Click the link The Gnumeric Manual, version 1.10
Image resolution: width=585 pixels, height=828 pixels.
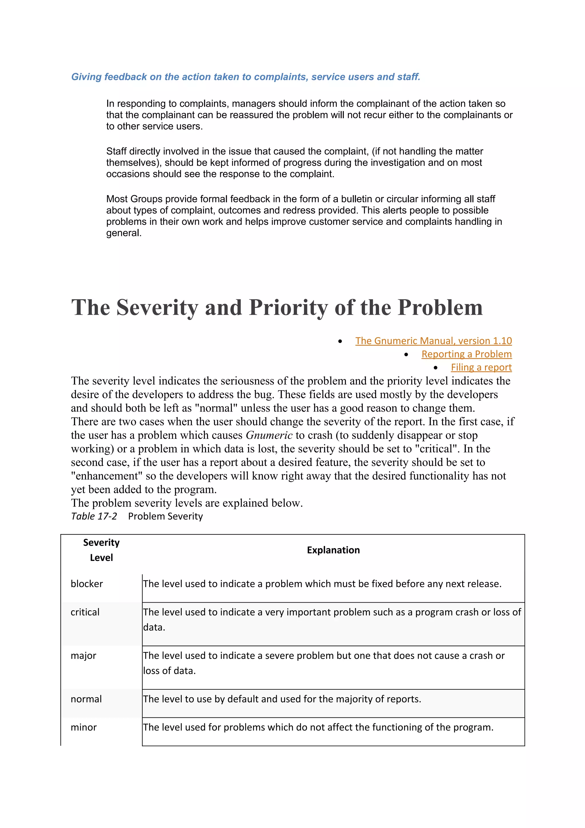coord(433,341)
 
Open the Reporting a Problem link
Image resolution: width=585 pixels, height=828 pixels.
coord(466,354)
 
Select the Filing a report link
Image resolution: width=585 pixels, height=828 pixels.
coord(481,367)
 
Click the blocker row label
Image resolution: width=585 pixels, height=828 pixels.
coord(87,584)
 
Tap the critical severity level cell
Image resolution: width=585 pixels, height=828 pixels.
coord(85,612)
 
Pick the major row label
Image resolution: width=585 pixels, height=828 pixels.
coord(83,656)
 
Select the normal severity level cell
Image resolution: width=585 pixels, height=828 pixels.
coord(86,699)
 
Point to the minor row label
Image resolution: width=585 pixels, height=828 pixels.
coord(84,727)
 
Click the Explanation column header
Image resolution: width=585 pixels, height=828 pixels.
coord(333,550)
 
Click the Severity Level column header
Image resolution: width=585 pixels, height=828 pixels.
coord(101,550)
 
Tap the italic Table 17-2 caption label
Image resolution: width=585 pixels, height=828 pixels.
coord(94,516)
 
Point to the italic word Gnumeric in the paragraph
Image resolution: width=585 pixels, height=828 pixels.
coord(269,435)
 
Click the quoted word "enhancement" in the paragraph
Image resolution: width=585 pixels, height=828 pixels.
coord(105,476)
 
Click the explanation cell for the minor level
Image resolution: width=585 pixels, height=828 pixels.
coord(318,727)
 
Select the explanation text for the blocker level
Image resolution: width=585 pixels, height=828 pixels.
coord(322,584)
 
